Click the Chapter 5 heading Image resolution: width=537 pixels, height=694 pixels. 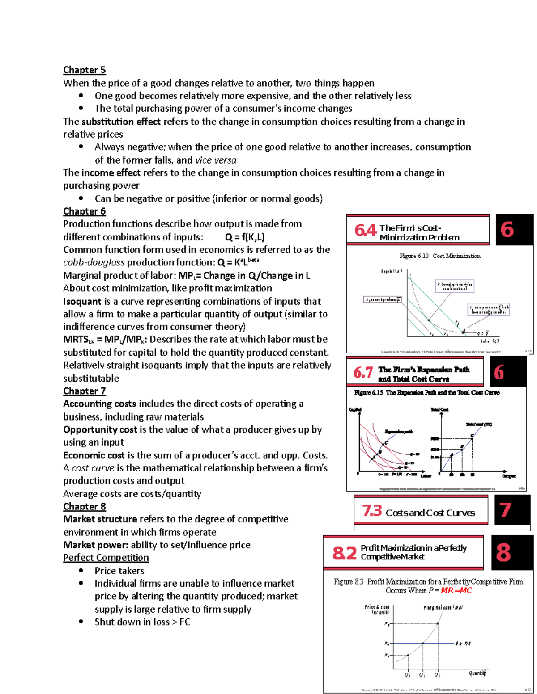click(x=84, y=70)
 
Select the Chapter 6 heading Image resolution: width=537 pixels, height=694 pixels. click(x=84, y=211)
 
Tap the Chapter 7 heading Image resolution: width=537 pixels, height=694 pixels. click(x=84, y=391)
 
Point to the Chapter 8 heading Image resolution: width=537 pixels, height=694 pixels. click(x=84, y=506)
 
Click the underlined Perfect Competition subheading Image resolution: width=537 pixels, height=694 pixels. click(x=106, y=558)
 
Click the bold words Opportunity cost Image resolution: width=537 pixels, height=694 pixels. click(x=100, y=429)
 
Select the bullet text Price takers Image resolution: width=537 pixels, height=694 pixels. click(x=119, y=571)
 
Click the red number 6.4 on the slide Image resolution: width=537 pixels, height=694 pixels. click(x=365, y=231)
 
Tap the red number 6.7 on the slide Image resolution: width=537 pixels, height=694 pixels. click(x=363, y=372)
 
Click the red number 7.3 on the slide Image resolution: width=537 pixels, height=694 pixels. click(x=372, y=510)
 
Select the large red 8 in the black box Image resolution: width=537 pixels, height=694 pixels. click(x=503, y=552)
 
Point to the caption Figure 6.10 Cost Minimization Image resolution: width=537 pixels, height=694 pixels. click(x=440, y=256)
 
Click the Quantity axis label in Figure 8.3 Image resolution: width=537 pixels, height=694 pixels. click(x=477, y=673)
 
